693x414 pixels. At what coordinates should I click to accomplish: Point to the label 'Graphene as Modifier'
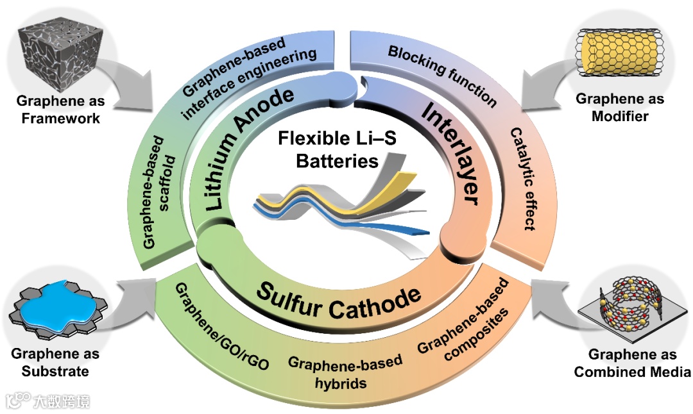(620, 108)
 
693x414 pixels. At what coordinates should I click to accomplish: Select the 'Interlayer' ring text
(450, 154)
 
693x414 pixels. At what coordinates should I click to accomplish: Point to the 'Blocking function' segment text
(442, 74)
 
